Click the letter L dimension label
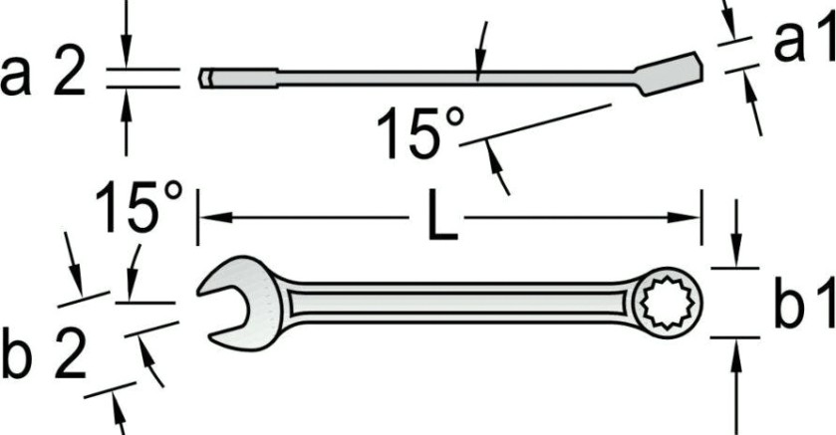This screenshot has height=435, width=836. click(x=442, y=215)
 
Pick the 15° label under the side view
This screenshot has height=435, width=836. click(x=421, y=133)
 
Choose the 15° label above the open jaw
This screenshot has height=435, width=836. click(x=139, y=208)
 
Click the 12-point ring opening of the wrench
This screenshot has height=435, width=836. click(x=667, y=303)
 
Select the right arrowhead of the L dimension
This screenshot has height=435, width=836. click(x=685, y=217)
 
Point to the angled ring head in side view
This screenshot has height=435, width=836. click(x=669, y=74)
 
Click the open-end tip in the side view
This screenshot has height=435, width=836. click(x=206, y=79)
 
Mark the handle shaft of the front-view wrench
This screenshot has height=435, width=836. click(x=458, y=303)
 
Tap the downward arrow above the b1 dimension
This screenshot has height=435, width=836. click(x=736, y=233)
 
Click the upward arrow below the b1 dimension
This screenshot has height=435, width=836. click(x=736, y=387)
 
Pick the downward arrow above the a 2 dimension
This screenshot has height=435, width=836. click(x=126, y=34)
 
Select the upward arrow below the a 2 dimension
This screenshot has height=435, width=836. click(x=126, y=122)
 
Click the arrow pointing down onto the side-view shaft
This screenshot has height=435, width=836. click(x=482, y=52)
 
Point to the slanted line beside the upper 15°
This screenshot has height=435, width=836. click(x=535, y=124)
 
